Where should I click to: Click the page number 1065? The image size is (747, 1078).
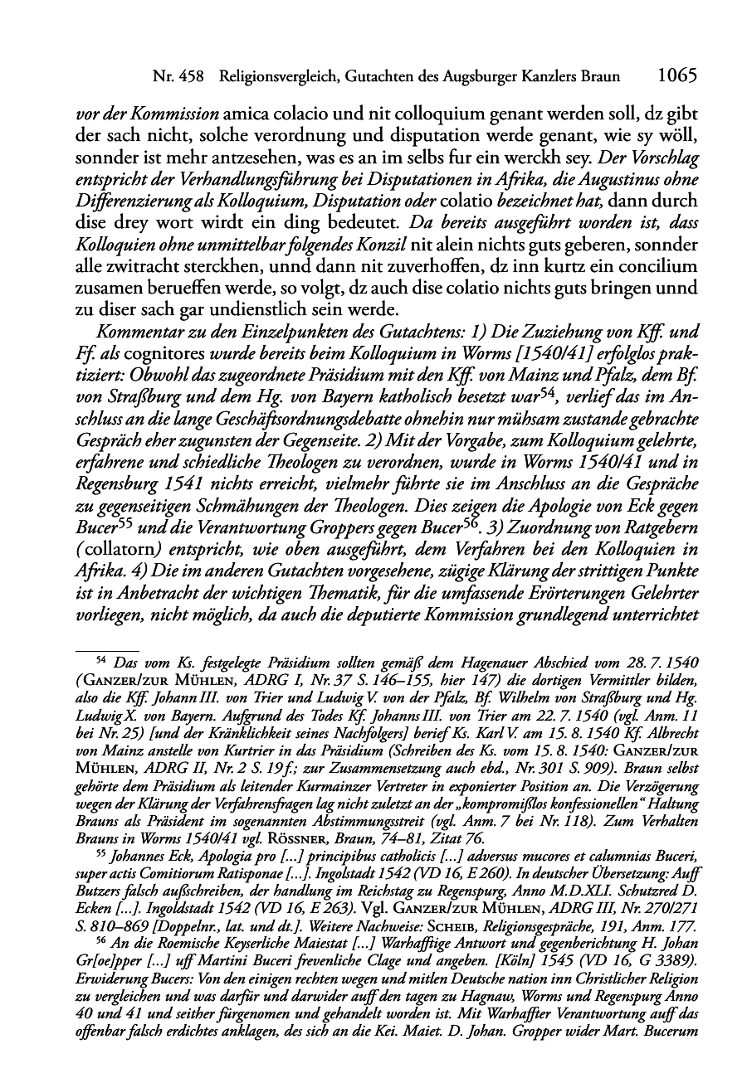(x=675, y=76)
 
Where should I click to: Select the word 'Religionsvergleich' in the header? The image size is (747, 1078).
(x=275, y=77)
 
